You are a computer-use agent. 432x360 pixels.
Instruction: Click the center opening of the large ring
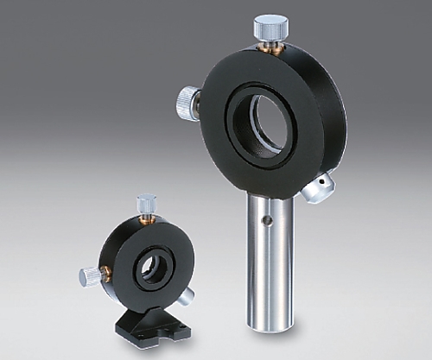tap(264, 120)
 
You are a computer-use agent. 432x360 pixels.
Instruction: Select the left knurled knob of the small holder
tap(90, 276)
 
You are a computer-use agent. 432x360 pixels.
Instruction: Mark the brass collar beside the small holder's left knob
tap(105, 274)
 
